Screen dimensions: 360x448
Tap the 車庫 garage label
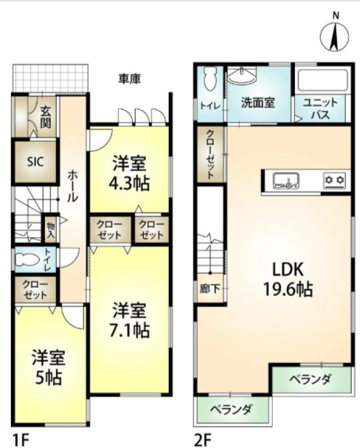click(130, 78)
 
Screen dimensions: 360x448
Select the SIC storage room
click(35, 162)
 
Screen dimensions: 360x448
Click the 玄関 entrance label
click(46, 117)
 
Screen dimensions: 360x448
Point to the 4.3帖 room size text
click(129, 184)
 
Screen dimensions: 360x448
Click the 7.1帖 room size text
click(129, 331)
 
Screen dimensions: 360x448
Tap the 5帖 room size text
click(49, 378)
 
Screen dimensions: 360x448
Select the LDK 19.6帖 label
click(288, 279)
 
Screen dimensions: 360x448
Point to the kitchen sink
click(286, 181)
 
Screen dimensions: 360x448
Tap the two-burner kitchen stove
click(335, 180)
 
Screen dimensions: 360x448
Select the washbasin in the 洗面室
click(243, 75)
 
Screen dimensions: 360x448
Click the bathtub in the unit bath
click(322, 80)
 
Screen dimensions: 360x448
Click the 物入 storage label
click(51, 230)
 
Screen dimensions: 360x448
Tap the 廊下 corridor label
click(210, 289)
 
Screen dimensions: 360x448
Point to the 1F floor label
click(21, 440)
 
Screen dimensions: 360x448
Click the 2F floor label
click(202, 440)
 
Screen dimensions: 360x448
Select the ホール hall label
click(73, 186)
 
